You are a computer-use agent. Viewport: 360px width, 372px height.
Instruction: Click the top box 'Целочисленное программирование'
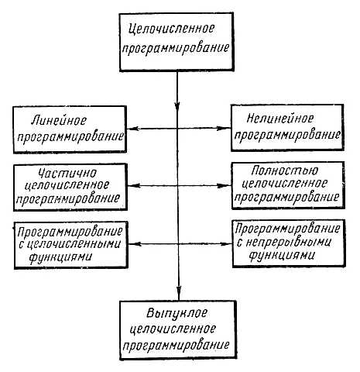coord(179,40)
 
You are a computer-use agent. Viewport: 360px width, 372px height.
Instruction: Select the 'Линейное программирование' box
coord(71,129)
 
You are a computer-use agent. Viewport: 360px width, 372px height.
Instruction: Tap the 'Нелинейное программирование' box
coord(288,129)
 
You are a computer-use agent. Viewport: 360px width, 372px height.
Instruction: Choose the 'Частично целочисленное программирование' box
coord(71,185)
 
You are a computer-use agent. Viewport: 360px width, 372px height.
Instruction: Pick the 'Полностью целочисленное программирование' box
coord(288,185)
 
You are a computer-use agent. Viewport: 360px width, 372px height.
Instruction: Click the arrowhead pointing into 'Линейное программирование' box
coord(132,129)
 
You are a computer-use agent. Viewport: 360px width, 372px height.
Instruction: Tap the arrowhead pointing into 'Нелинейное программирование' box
coord(228,129)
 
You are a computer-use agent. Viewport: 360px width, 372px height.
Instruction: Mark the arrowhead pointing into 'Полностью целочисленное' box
coord(228,186)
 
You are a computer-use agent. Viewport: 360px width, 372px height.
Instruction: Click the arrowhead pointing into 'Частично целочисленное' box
coord(132,186)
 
